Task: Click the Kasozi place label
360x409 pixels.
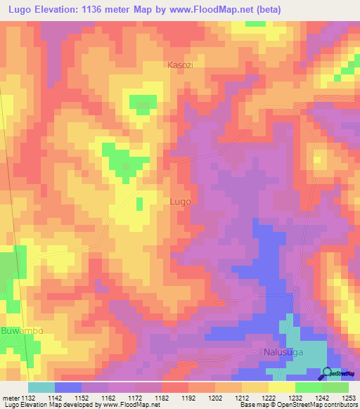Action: pyautogui.click(x=181, y=65)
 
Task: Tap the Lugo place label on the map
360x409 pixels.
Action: pyautogui.click(x=180, y=201)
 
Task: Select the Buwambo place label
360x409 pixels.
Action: pyautogui.click(x=22, y=330)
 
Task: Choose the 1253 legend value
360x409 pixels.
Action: pyautogui.click(x=349, y=398)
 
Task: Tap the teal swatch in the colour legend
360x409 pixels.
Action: pyautogui.click(x=41, y=387)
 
